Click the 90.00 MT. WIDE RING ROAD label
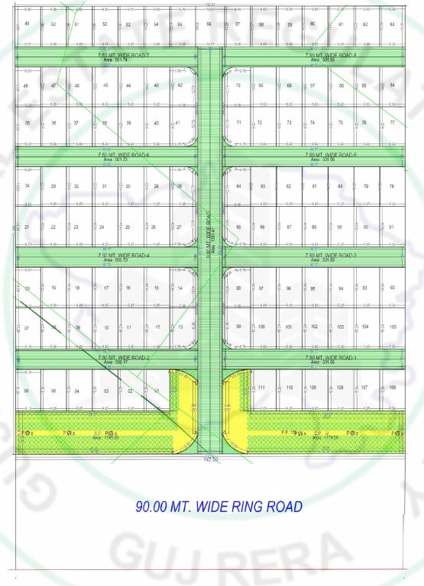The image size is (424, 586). [x=218, y=506]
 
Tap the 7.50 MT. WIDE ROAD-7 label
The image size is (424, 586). [x=124, y=56]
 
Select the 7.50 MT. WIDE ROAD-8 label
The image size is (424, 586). [x=331, y=56]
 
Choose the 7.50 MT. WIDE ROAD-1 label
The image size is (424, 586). [x=331, y=357]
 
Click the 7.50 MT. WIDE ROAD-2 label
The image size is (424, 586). [x=124, y=357]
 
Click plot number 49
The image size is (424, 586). [x=28, y=24]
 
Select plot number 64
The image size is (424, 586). [x=392, y=24]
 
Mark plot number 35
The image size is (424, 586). [x=28, y=123]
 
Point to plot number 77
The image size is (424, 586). [x=392, y=122]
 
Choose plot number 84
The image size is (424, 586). [x=238, y=186]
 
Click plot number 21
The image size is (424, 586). [x=28, y=227]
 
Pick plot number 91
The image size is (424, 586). [x=392, y=227]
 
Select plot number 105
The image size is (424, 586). [x=392, y=327]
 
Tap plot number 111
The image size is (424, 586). [x=261, y=388]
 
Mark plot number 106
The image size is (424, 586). [x=392, y=388]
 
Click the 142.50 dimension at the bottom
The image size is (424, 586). [x=210, y=459]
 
